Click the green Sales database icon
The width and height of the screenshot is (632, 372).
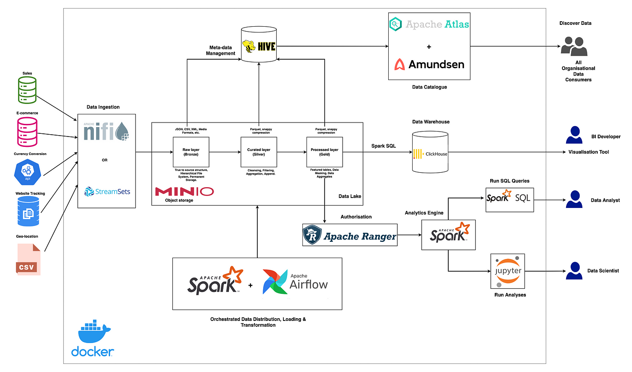coord(27,90)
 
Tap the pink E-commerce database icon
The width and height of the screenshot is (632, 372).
coord(27,132)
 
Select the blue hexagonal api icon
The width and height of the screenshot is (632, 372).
coord(28,172)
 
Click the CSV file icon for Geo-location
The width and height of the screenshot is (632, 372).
coord(28,259)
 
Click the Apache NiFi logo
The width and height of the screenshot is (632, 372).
coord(107,132)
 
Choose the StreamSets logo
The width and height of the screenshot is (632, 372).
coord(107,192)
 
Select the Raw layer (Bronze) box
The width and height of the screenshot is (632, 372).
coord(191,152)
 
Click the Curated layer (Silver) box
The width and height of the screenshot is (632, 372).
coord(259,152)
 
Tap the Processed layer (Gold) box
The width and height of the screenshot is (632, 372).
coord(325,152)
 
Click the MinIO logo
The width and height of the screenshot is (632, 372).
coord(185,192)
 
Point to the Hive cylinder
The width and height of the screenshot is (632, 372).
coord(259,44)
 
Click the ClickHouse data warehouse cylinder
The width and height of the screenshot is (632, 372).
coord(430,152)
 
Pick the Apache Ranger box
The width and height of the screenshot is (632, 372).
coord(350,235)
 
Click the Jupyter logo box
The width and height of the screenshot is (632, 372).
coord(507,271)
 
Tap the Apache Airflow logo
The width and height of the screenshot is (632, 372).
coord(295,282)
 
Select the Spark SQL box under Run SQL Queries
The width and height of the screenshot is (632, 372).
coord(510,200)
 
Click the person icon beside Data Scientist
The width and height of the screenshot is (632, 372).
coord(574,271)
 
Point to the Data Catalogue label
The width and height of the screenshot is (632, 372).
coord(429,87)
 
